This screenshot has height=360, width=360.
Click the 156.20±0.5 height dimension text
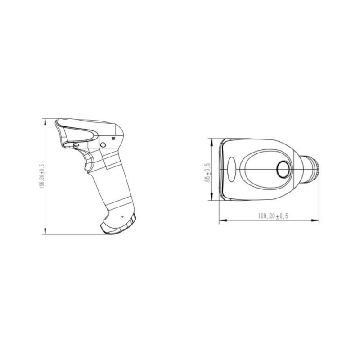click(x=42, y=176)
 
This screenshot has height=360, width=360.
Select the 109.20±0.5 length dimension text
click(x=273, y=216)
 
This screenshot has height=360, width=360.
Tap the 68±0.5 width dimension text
click(x=207, y=172)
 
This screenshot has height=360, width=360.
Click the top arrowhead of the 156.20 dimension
click(x=45, y=121)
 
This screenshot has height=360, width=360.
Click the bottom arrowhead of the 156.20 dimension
click(x=45, y=231)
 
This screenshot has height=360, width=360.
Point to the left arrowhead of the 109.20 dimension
click(x=223, y=220)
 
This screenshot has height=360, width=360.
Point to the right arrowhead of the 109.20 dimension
click(x=315, y=220)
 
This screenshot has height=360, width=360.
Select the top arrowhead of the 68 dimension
click(x=211, y=142)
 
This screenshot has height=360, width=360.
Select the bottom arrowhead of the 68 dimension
click(x=211, y=197)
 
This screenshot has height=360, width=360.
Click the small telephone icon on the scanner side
click(x=113, y=138)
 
